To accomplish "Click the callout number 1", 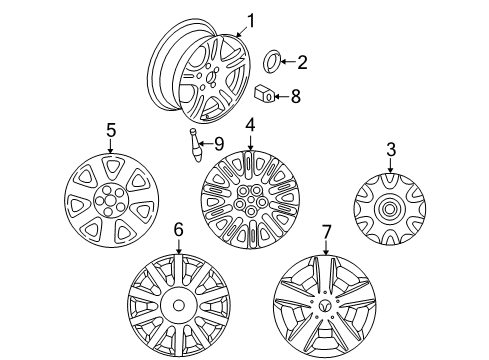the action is [x=251, y=19].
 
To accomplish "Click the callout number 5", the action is [x=111, y=130].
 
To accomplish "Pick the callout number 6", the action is [x=178, y=230].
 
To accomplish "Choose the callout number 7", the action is [x=325, y=232].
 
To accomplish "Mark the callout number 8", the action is [x=295, y=96].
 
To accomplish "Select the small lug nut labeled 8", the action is [x=263, y=96].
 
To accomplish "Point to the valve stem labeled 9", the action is [x=196, y=148].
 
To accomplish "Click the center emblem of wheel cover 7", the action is [x=326, y=302].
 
